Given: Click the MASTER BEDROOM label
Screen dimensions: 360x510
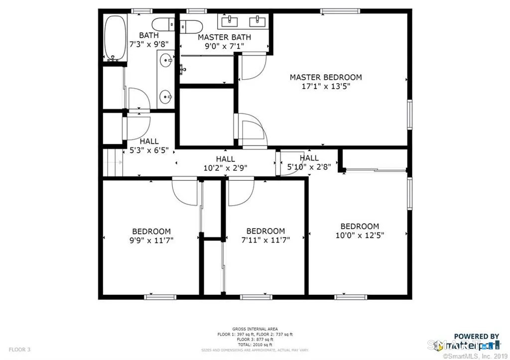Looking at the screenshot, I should [x=326, y=77].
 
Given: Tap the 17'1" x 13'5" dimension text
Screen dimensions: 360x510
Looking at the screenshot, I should [x=326, y=86].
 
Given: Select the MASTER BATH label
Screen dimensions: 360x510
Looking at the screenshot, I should [x=224, y=37].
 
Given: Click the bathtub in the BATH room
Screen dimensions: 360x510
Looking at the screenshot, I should [x=115, y=39].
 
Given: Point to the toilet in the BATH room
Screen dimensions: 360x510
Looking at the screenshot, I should [x=162, y=24].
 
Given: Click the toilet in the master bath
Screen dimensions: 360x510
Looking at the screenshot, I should [x=191, y=26].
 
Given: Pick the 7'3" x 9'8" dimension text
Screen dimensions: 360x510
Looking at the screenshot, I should [x=149, y=44].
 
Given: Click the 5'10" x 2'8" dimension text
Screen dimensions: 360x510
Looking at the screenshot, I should [x=309, y=167].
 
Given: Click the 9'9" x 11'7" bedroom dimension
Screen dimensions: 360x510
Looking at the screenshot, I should [x=151, y=240].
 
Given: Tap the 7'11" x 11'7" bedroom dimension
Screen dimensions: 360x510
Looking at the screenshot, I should [x=265, y=240].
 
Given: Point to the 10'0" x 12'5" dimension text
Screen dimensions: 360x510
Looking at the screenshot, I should [x=360, y=235].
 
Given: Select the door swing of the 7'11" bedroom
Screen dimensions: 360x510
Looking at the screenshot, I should [x=241, y=192].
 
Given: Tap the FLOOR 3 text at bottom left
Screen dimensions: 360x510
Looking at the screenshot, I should [x=19, y=350].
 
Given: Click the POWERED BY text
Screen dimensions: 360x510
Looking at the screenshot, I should [x=476, y=337].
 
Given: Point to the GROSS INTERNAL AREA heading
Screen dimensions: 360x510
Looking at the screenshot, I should [x=255, y=329].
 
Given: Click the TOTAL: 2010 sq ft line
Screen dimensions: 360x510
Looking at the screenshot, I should [x=255, y=344].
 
